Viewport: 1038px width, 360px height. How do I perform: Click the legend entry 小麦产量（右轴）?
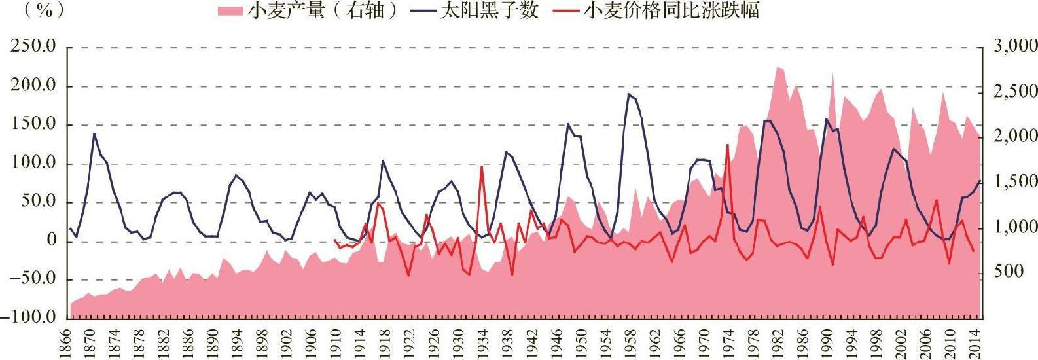308,10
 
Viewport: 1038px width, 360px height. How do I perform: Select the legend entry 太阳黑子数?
475,10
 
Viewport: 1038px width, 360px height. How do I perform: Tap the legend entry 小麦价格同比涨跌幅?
656,10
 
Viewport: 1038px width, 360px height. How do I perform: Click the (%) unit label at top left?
44,10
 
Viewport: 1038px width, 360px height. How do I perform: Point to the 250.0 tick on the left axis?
33,46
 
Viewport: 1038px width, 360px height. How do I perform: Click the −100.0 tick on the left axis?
29,317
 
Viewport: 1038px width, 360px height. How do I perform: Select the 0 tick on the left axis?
51,240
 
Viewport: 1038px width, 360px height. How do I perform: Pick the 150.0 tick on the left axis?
33,124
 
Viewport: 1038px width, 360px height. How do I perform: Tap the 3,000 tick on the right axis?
1015,46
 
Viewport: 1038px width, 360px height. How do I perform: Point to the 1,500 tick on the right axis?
1015,181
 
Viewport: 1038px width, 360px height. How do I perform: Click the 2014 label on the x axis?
973,344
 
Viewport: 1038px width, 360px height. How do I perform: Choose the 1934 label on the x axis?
482,344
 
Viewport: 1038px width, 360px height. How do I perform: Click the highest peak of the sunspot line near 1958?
628,94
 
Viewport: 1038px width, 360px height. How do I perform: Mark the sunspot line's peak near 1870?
94,134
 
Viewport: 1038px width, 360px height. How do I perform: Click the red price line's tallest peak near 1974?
728,145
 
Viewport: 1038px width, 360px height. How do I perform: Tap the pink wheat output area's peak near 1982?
778,67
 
